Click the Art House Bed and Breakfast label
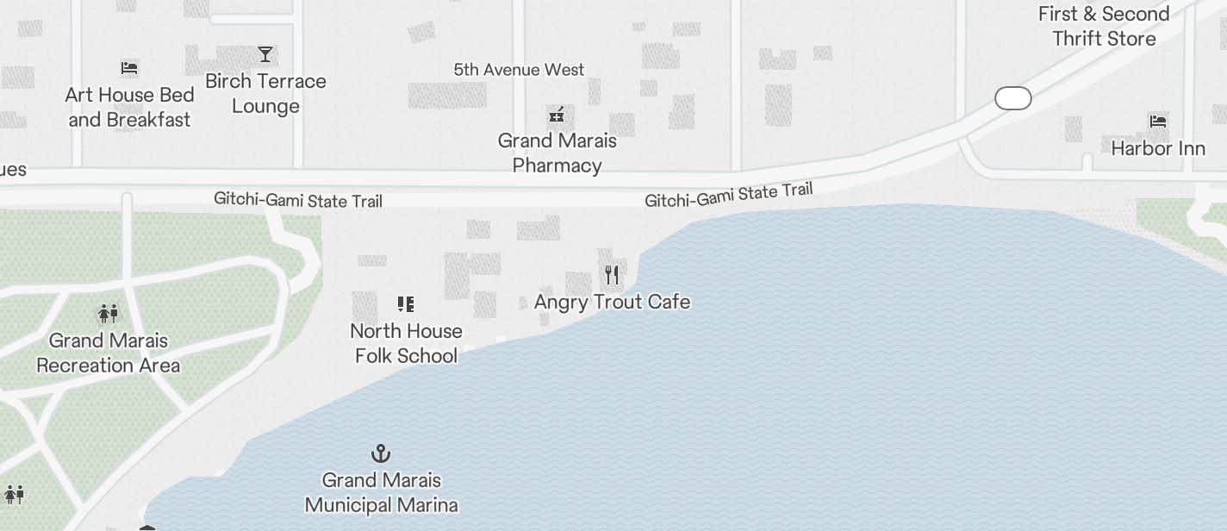(x=129, y=107)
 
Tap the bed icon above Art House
(x=129, y=67)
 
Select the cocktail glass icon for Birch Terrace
(x=265, y=54)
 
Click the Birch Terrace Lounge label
(x=265, y=93)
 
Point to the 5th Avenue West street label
(x=519, y=70)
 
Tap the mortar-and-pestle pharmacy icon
(x=557, y=115)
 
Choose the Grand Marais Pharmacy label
(x=557, y=153)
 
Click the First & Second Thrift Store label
(x=1104, y=26)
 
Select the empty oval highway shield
(x=1013, y=98)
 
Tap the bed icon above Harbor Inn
(x=1158, y=122)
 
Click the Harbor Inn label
(x=1158, y=148)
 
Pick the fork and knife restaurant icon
(x=612, y=275)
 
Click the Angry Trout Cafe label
(x=612, y=302)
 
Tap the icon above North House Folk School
(x=406, y=303)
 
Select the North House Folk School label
(x=406, y=343)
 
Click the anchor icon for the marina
(x=381, y=453)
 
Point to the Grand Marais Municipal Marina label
(x=381, y=492)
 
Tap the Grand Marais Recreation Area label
(x=109, y=353)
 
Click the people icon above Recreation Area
(x=109, y=313)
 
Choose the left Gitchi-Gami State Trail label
(x=298, y=200)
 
